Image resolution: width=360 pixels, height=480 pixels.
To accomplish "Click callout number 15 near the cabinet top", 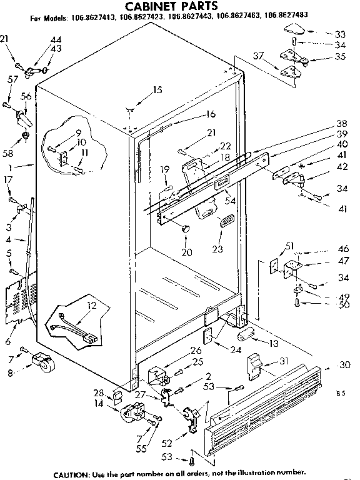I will click(x=157, y=90).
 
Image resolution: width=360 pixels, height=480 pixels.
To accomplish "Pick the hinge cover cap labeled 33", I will click(x=292, y=29).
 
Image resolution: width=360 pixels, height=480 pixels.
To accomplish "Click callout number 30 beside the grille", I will click(x=344, y=366).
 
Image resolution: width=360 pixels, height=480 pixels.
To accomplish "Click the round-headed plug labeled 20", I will click(x=185, y=229).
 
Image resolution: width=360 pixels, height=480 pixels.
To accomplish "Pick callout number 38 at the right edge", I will click(x=341, y=124).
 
